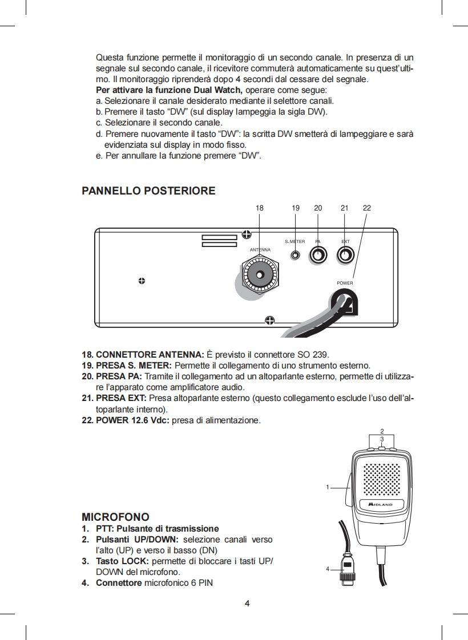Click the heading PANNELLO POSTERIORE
(149, 191)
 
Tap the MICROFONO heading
(116, 517)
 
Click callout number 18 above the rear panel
(260, 208)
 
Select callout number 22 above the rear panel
(367, 208)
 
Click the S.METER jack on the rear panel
(295, 255)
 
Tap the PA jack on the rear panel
(318, 255)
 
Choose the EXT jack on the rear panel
(345, 255)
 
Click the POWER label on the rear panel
(345, 283)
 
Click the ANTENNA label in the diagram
(260, 250)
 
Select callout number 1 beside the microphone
(328, 487)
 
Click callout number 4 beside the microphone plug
(328, 569)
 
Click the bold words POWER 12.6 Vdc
(132, 420)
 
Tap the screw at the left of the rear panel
(141, 281)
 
